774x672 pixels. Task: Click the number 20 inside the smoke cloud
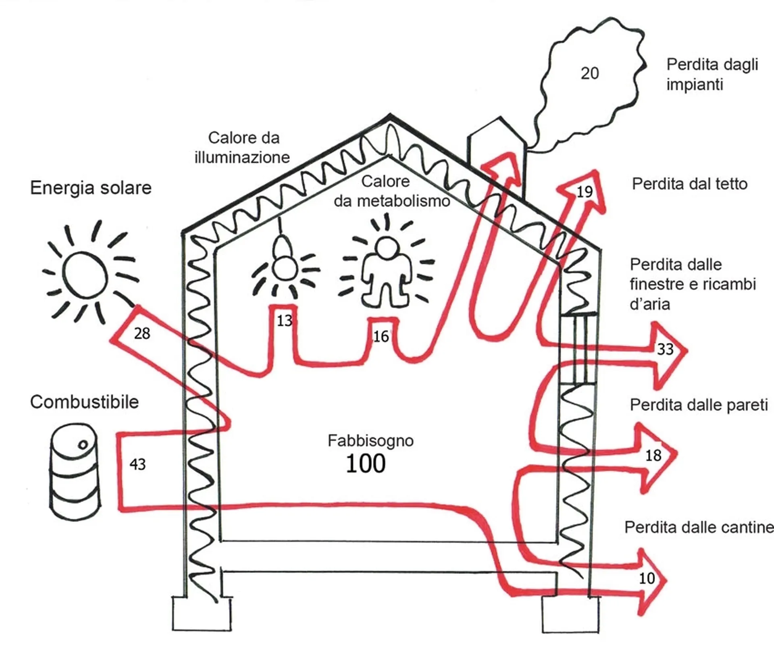589,73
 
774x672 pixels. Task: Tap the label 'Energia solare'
91,188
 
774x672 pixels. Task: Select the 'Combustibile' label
84,402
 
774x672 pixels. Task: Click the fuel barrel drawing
75,471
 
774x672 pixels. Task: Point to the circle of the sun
85,275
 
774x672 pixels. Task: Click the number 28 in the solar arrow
142,333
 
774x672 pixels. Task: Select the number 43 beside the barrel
137,464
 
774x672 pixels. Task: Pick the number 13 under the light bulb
285,321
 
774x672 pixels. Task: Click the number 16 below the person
381,336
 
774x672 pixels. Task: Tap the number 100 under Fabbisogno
366,464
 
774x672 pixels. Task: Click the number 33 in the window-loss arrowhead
665,349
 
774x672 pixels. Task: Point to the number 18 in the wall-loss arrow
653,456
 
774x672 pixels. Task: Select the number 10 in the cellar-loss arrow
647,579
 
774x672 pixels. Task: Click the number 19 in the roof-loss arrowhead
584,191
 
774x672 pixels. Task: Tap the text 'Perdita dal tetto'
690,184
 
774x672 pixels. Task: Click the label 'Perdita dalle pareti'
699,405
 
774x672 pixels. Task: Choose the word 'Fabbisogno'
370,441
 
